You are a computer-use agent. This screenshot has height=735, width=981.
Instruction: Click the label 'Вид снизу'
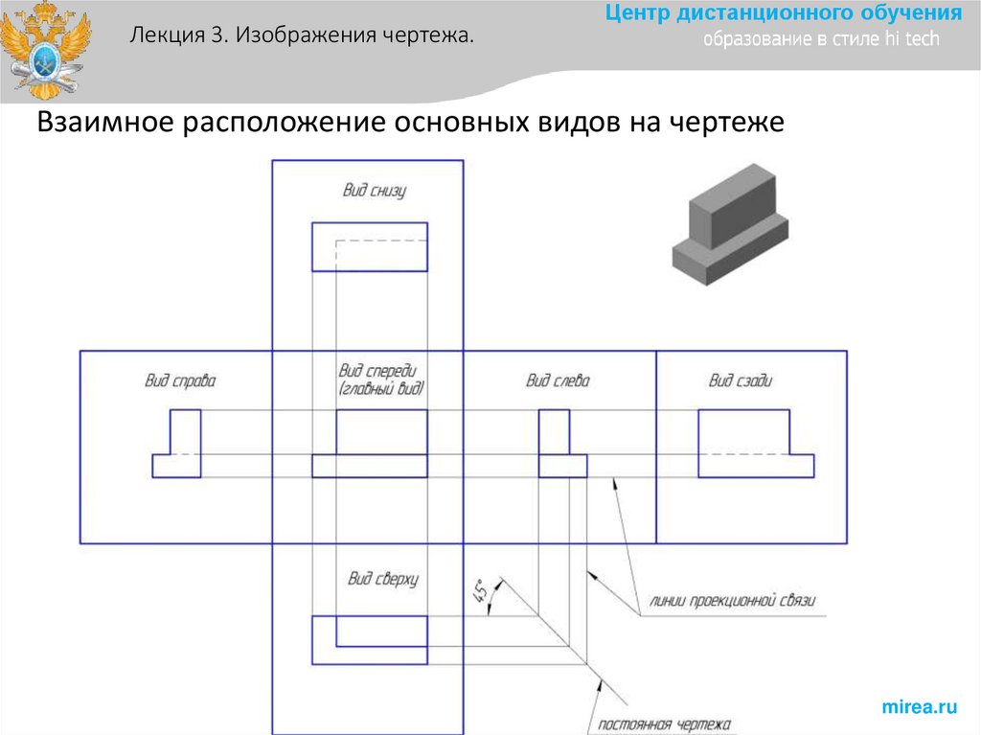click(x=375, y=191)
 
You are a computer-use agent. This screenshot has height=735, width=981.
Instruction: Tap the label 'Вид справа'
click(x=180, y=380)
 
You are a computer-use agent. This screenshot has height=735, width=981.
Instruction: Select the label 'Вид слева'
click(x=558, y=380)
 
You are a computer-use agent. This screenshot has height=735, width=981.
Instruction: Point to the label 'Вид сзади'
click(x=741, y=380)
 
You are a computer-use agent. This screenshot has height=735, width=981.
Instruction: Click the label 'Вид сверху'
click(x=383, y=578)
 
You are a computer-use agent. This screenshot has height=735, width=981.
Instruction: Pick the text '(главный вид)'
click(x=381, y=390)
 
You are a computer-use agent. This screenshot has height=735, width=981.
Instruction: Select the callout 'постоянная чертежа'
click(x=664, y=724)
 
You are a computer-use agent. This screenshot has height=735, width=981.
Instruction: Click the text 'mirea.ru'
click(x=919, y=707)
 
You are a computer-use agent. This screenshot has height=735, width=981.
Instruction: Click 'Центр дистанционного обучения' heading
click(x=783, y=14)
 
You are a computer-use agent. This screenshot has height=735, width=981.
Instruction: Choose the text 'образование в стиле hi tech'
click(x=821, y=39)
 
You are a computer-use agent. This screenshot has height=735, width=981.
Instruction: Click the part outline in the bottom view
click(x=370, y=246)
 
